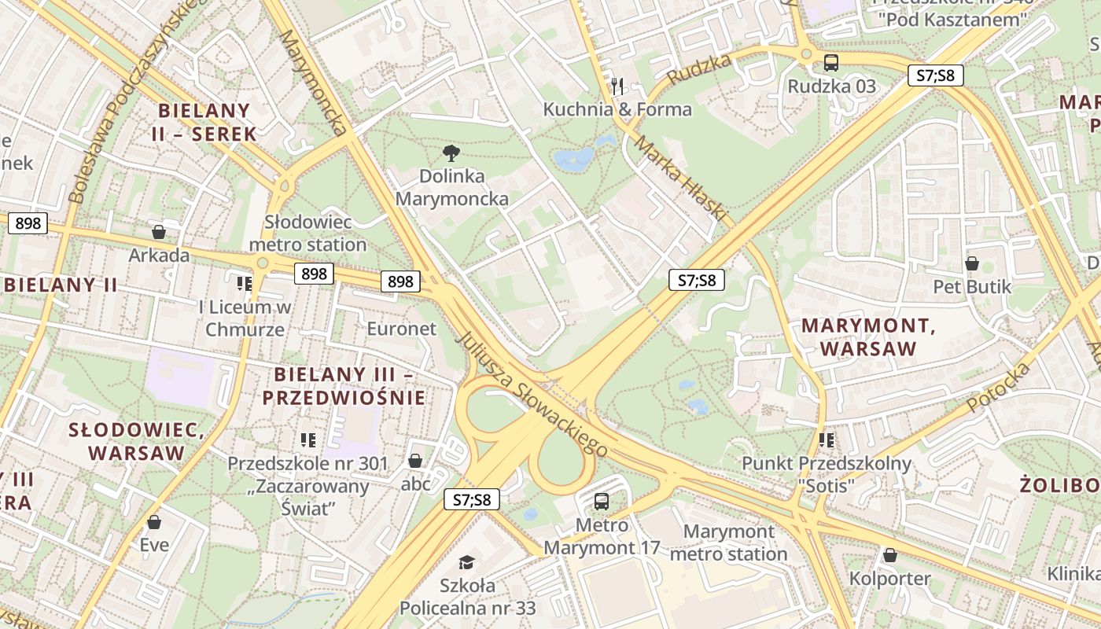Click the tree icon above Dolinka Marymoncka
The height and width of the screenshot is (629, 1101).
coord(451,153)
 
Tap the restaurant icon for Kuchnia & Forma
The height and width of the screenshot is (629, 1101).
coord(617,86)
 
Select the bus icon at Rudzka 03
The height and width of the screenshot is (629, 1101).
coord(831,63)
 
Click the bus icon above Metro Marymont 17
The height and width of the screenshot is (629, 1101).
coord(602,501)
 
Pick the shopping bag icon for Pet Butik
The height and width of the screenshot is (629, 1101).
coord(972,263)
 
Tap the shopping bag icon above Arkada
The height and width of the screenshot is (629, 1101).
coord(159,232)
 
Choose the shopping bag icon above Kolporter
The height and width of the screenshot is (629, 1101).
coord(889,556)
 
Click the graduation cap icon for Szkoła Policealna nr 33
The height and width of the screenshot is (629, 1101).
coord(467,561)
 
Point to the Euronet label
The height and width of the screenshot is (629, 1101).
coord(401,329)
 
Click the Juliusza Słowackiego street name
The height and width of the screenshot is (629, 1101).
coord(532,395)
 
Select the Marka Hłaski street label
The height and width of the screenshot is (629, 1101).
coord(679,178)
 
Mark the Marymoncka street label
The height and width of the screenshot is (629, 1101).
coord(312,83)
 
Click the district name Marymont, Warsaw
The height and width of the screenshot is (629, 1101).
coord(868,337)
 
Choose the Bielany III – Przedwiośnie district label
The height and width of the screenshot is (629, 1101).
coord(344,386)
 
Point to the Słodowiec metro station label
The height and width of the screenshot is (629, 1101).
coord(307,233)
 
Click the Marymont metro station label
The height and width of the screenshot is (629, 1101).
coord(735,543)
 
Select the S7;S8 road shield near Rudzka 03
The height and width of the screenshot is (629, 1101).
coord(935,75)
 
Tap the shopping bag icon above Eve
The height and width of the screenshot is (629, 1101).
coord(154,522)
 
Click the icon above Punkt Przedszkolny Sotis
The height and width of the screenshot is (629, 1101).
coord(826,440)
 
